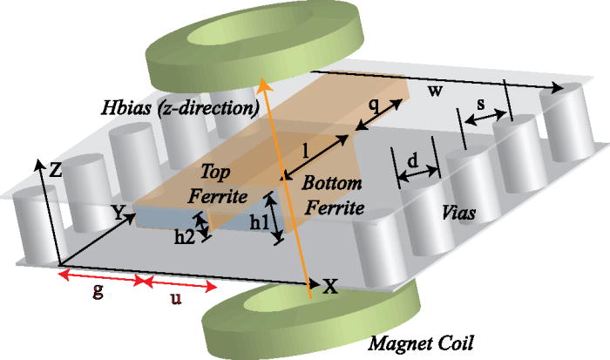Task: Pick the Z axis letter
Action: (x=55, y=172)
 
